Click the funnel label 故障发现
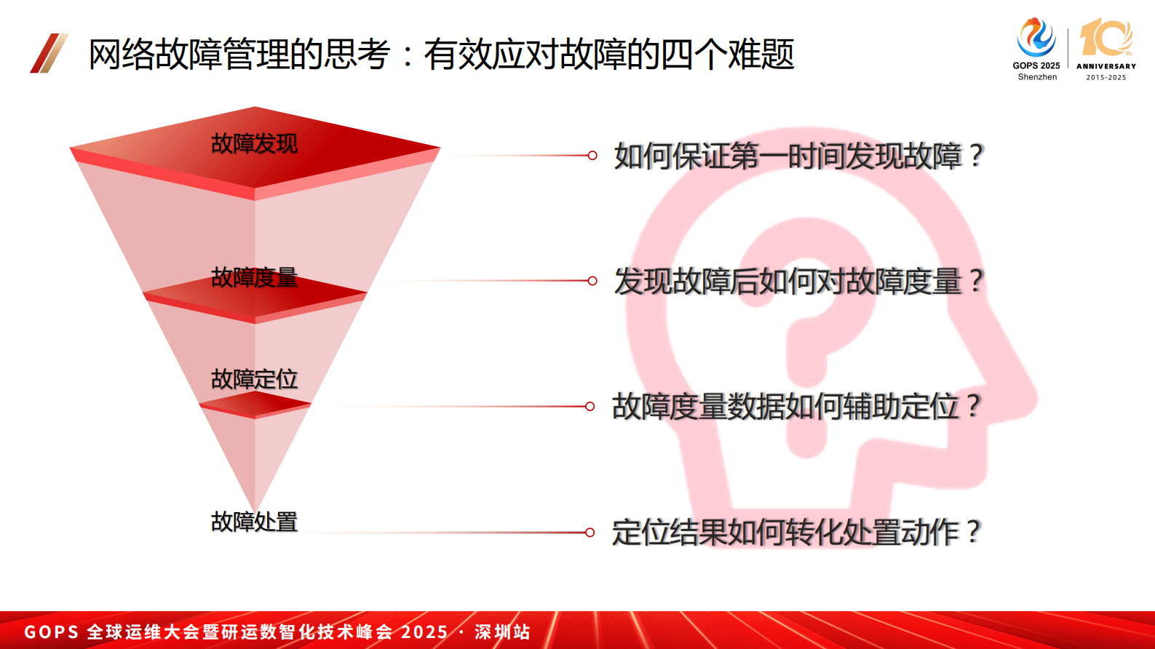(x=254, y=144)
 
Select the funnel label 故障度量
(x=254, y=278)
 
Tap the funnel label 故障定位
(x=254, y=379)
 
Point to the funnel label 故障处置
(x=254, y=522)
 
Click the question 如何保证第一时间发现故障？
(x=798, y=156)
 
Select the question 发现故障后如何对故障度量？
(x=798, y=282)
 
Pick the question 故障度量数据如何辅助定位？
(x=796, y=407)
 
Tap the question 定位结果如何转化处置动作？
(x=796, y=533)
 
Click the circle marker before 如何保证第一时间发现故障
(x=592, y=156)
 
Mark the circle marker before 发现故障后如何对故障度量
(x=592, y=281)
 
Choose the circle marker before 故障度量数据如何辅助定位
(x=590, y=406)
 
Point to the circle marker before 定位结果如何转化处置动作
(x=590, y=533)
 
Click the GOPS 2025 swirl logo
(x=1036, y=38)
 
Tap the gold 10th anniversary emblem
(x=1106, y=38)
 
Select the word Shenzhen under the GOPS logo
(x=1037, y=77)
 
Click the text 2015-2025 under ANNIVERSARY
(x=1106, y=77)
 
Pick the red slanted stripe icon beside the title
(x=49, y=53)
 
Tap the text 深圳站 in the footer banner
(x=502, y=632)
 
